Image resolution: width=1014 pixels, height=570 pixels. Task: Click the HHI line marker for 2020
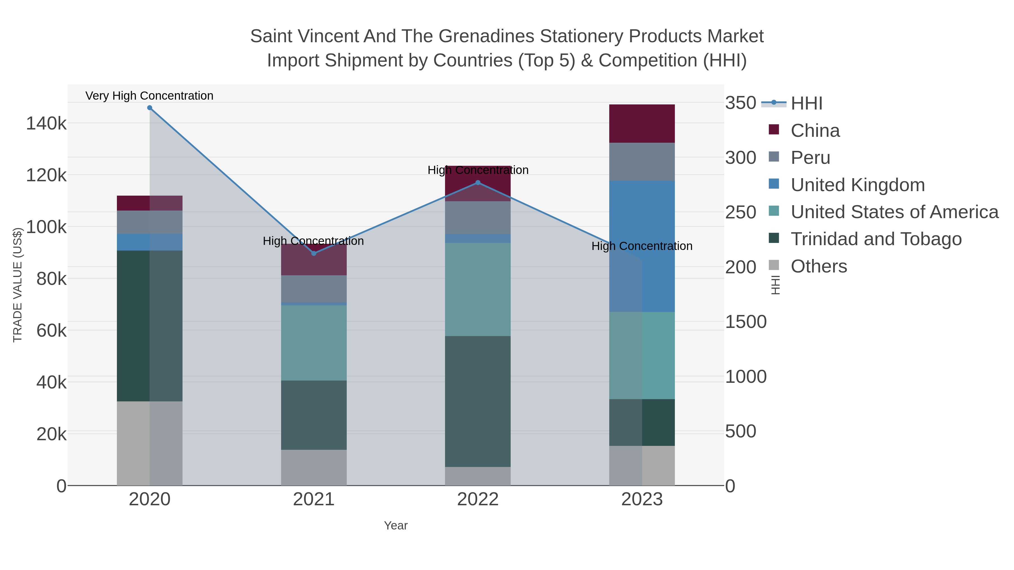pos(150,108)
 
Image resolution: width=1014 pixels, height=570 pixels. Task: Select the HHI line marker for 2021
pos(314,253)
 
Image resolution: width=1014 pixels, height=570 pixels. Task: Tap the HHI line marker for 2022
pos(478,182)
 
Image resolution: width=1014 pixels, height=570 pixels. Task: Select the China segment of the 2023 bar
pos(642,124)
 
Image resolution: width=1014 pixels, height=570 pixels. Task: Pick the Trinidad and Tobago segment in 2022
pos(478,401)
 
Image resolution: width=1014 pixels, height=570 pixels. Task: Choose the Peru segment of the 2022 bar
pos(478,218)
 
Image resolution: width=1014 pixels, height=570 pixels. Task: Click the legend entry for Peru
pos(810,158)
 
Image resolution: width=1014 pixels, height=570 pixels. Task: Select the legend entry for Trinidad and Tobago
pos(876,239)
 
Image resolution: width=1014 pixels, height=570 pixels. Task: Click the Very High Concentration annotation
pos(150,96)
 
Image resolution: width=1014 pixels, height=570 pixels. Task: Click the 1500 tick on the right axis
pos(746,322)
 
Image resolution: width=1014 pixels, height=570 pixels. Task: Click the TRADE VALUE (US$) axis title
pos(18,285)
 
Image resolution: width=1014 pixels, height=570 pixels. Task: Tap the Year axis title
pos(396,526)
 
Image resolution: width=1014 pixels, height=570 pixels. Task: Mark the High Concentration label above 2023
pos(642,246)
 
